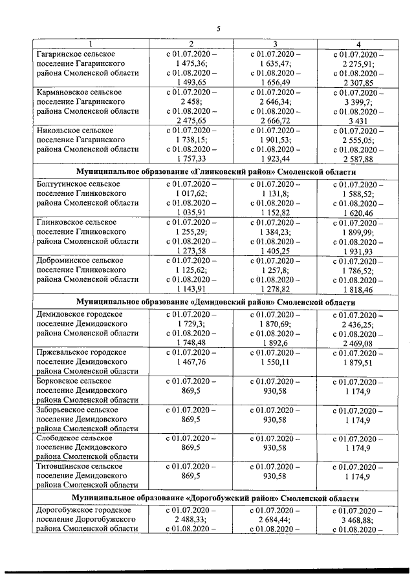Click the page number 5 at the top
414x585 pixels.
click(x=218, y=28)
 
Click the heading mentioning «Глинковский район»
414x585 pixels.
click(x=216, y=173)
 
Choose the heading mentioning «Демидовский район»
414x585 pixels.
click(x=216, y=302)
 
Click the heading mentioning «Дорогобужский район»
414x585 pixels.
click(x=216, y=499)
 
